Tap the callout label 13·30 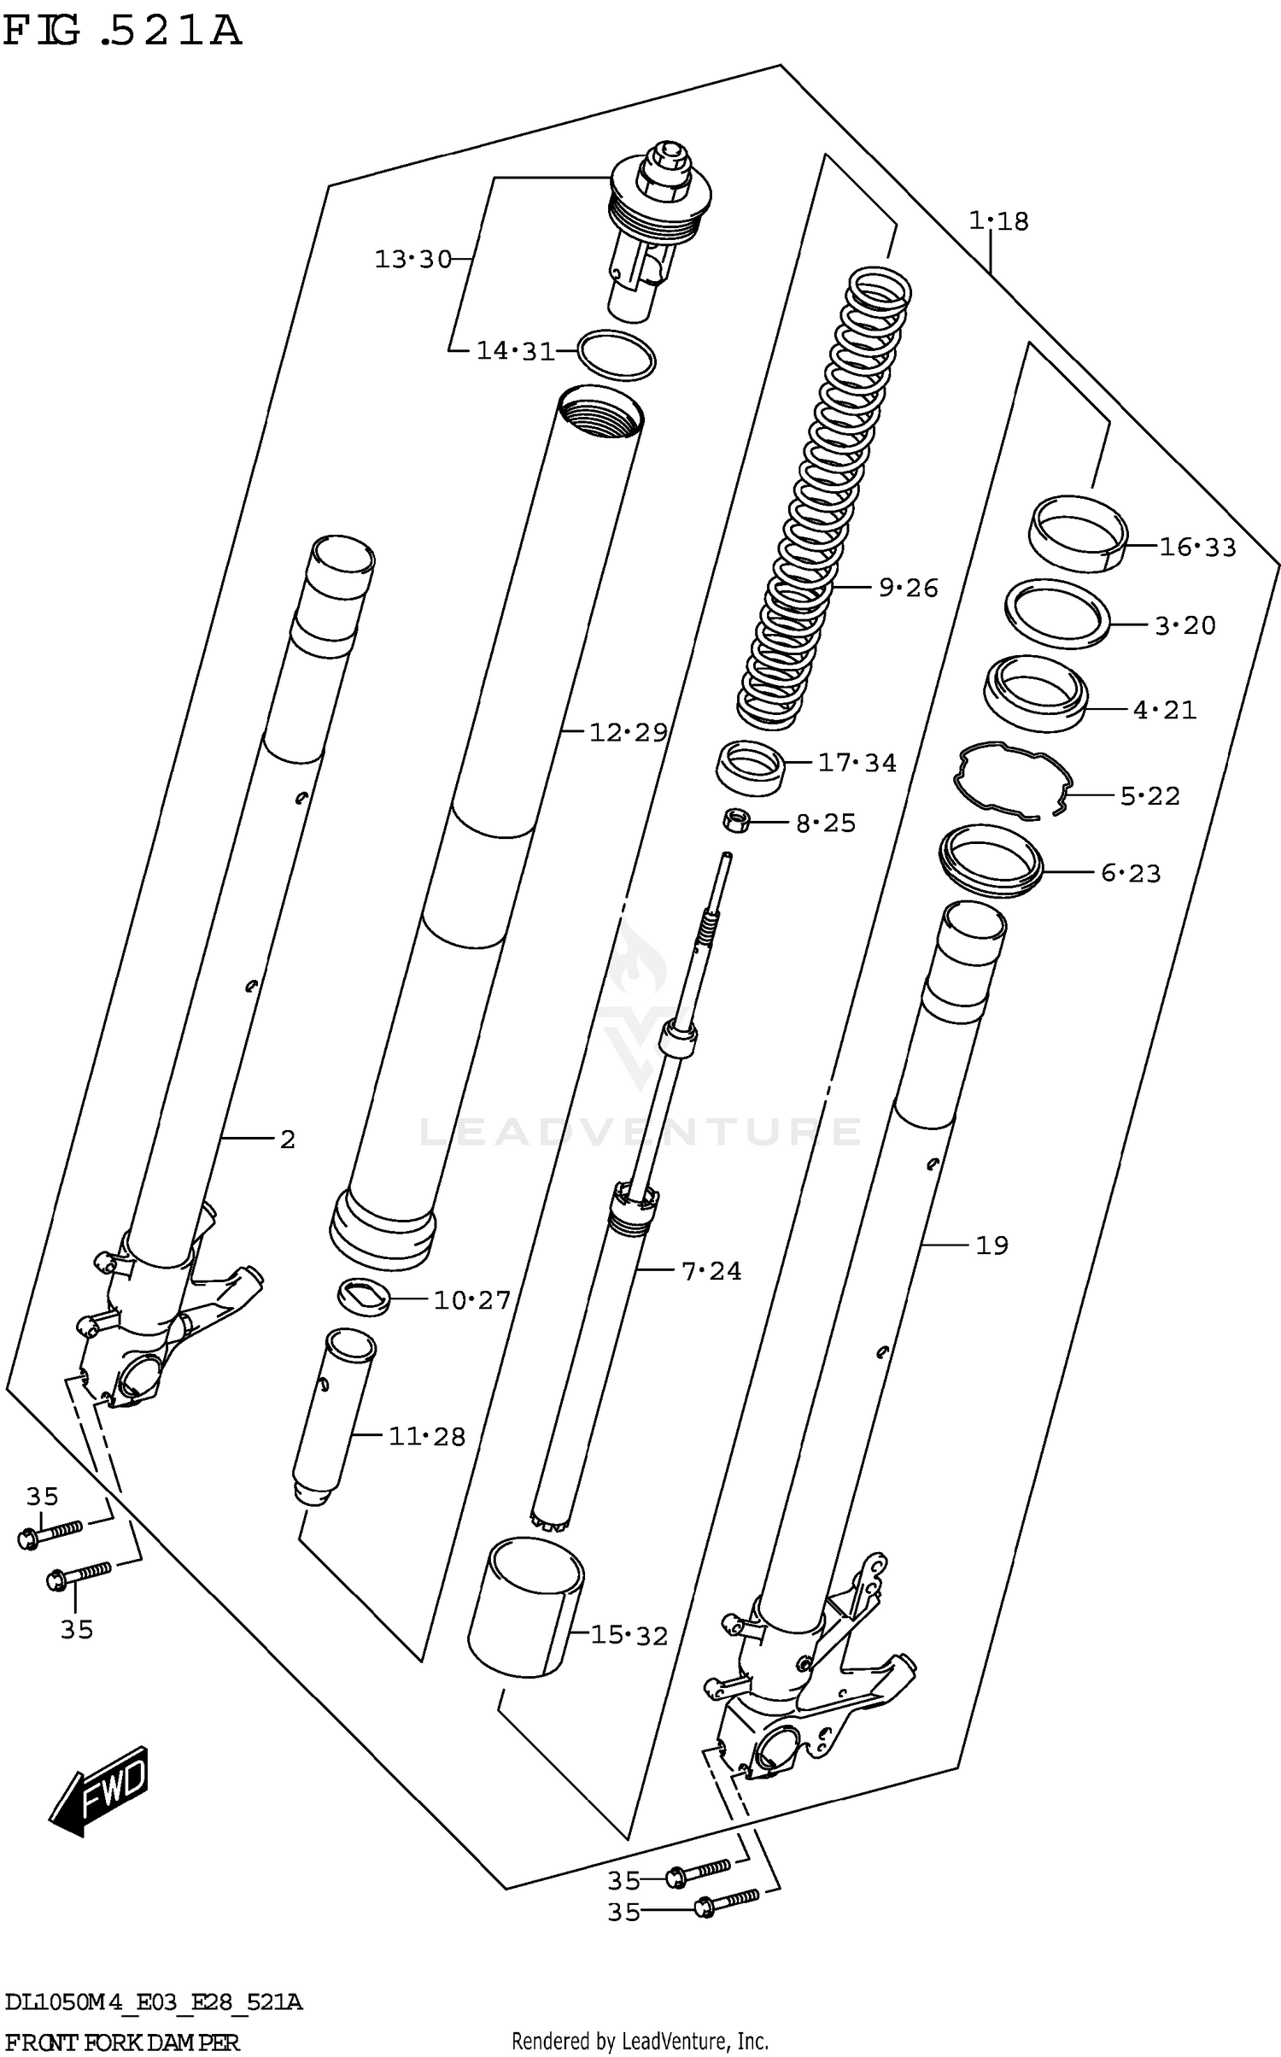[x=412, y=259]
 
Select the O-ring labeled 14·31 [x=617, y=354]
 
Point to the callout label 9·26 [x=908, y=588]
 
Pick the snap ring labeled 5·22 [x=1012, y=780]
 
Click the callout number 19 [x=991, y=1245]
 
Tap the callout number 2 [x=287, y=1139]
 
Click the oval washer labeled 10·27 [x=363, y=1298]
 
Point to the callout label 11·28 [x=427, y=1437]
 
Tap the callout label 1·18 [x=998, y=221]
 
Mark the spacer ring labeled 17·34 [x=749, y=766]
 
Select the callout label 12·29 [x=628, y=732]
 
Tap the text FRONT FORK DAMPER [x=121, y=2042]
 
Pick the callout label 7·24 [x=711, y=1271]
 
